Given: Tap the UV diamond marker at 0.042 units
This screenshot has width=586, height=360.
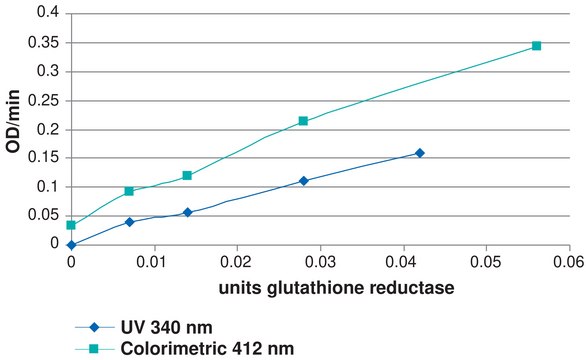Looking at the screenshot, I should [x=419, y=153].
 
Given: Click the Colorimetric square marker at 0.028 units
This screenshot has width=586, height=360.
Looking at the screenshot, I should [x=303, y=121].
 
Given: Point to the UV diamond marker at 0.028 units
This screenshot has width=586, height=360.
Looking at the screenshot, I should [x=303, y=181].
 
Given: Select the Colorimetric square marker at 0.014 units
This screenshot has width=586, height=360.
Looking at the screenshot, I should [x=187, y=176].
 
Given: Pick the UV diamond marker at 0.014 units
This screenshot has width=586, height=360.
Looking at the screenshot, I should [x=187, y=212].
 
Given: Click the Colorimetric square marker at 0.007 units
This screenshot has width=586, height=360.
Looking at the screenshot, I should [x=129, y=191].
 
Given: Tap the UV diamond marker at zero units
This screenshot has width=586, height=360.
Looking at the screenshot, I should [x=71, y=244].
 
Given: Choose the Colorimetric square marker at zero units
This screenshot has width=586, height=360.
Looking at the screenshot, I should [x=71, y=225].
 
